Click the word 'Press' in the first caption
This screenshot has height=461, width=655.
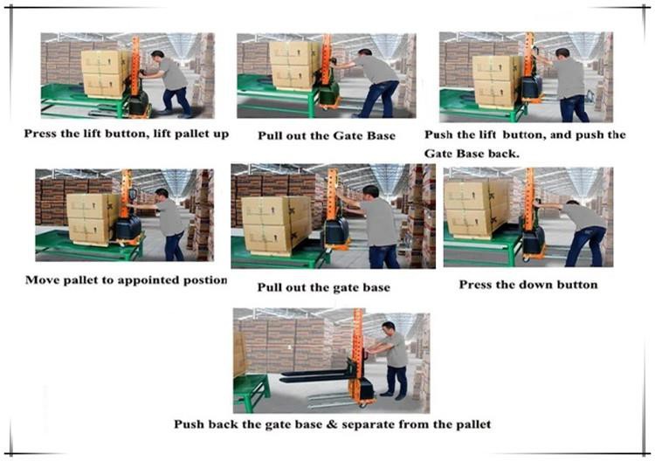(39, 134)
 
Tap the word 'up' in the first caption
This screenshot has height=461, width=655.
(221, 134)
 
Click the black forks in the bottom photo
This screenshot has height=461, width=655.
(314, 375)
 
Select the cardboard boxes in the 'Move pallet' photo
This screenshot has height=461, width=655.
(93, 218)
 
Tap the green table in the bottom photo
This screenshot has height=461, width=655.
(251, 389)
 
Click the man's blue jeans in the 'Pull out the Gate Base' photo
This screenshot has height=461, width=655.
(378, 99)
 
